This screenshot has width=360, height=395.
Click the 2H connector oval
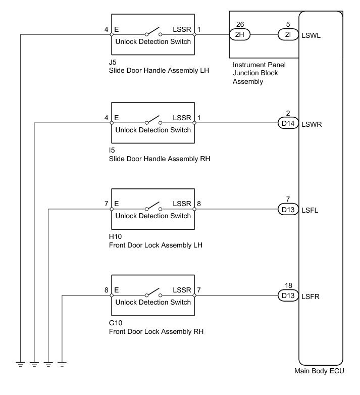[240, 35]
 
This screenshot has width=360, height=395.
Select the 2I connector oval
[288, 35]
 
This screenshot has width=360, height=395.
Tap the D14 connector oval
[288, 123]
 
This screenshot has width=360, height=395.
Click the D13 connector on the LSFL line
[288, 209]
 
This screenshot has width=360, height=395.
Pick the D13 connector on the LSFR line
[288, 295]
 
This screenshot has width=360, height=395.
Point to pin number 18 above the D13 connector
[287, 285]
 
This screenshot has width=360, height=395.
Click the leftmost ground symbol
[20, 363]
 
